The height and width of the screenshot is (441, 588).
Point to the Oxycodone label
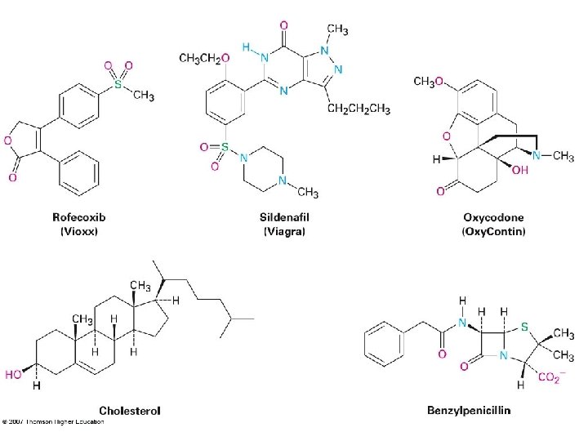pos(493,217)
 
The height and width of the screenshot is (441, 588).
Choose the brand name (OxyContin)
pos(493,231)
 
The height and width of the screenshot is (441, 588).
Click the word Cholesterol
pos(130,409)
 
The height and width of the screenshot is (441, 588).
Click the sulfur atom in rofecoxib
pos(117,84)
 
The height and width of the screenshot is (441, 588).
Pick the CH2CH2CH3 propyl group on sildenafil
pos(359,110)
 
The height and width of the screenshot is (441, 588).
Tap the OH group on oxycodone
pos(520,170)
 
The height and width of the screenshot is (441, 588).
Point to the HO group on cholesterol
pos(13,376)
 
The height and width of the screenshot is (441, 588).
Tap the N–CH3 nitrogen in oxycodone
pos(538,156)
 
